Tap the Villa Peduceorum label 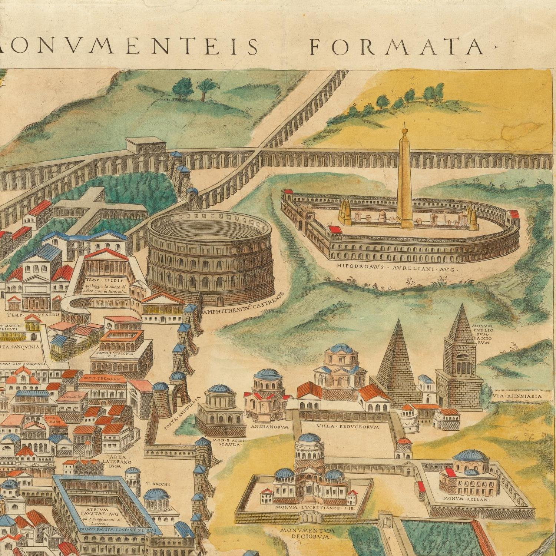(347, 427)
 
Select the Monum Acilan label (466, 499)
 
